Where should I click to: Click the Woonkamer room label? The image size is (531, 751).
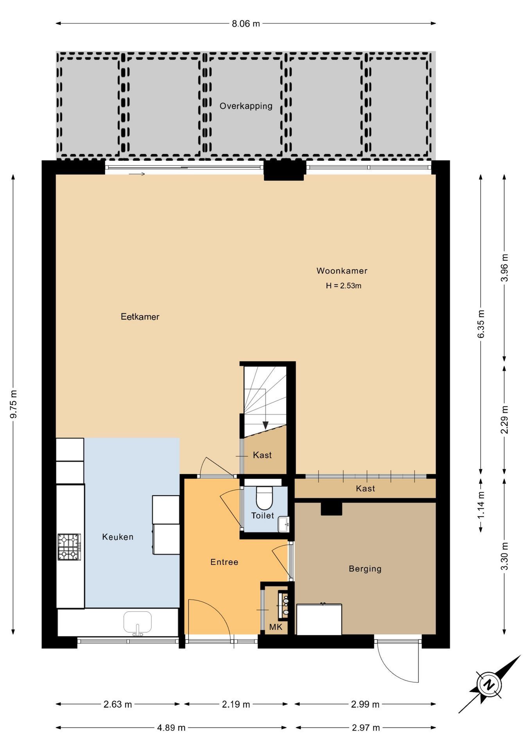(x=342, y=271)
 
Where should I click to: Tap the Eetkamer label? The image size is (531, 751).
(x=140, y=317)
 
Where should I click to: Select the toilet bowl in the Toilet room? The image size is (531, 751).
(x=264, y=497)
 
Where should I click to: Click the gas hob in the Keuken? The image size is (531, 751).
(x=70, y=547)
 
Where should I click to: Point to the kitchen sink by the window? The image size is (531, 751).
(x=138, y=622)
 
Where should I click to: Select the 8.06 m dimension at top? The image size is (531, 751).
(x=246, y=23)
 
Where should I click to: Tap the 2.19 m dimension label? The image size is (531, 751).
(x=236, y=704)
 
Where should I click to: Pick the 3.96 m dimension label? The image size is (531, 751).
(x=505, y=268)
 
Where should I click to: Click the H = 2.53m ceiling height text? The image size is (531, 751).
(x=343, y=286)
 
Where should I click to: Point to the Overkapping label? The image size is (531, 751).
(x=246, y=106)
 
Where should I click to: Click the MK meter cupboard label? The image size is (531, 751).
(x=276, y=627)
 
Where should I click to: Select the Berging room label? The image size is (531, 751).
(x=365, y=569)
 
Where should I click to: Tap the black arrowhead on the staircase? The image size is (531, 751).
(x=265, y=425)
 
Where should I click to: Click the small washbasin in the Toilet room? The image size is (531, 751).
(x=283, y=524)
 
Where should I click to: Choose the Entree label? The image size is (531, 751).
(x=224, y=562)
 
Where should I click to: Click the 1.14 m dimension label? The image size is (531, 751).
(x=481, y=505)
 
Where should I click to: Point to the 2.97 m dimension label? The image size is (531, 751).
(x=365, y=728)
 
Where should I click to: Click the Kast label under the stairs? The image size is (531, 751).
(x=262, y=455)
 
